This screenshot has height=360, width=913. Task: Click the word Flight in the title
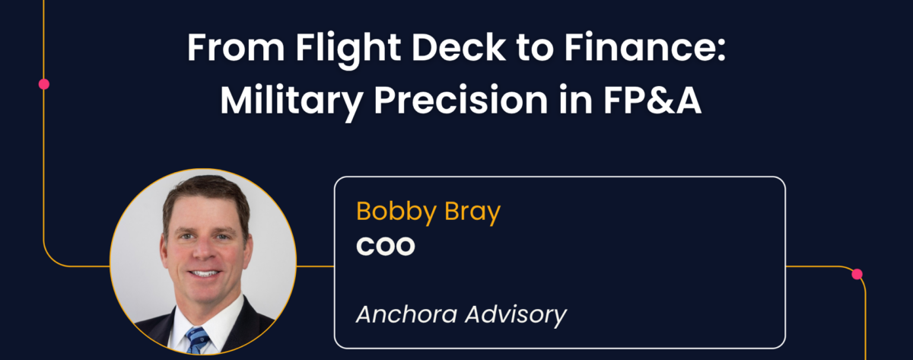click(348, 49)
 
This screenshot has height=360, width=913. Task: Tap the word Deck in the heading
click(459, 47)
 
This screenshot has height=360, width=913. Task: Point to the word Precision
click(461, 100)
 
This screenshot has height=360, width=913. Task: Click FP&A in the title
click(653, 100)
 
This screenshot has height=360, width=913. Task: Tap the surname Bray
click(472, 213)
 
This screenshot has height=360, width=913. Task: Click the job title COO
click(386, 246)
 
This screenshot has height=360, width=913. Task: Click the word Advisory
click(516, 316)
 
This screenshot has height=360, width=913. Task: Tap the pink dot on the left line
click(44, 84)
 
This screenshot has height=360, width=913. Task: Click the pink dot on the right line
click(857, 274)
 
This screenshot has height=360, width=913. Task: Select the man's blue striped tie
click(198, 339)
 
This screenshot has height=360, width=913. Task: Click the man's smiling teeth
click(204, 273)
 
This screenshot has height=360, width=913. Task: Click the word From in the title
click(236, 47)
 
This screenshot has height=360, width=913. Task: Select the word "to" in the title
click(535, 48)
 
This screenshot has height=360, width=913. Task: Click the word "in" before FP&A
click(575, 100)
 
